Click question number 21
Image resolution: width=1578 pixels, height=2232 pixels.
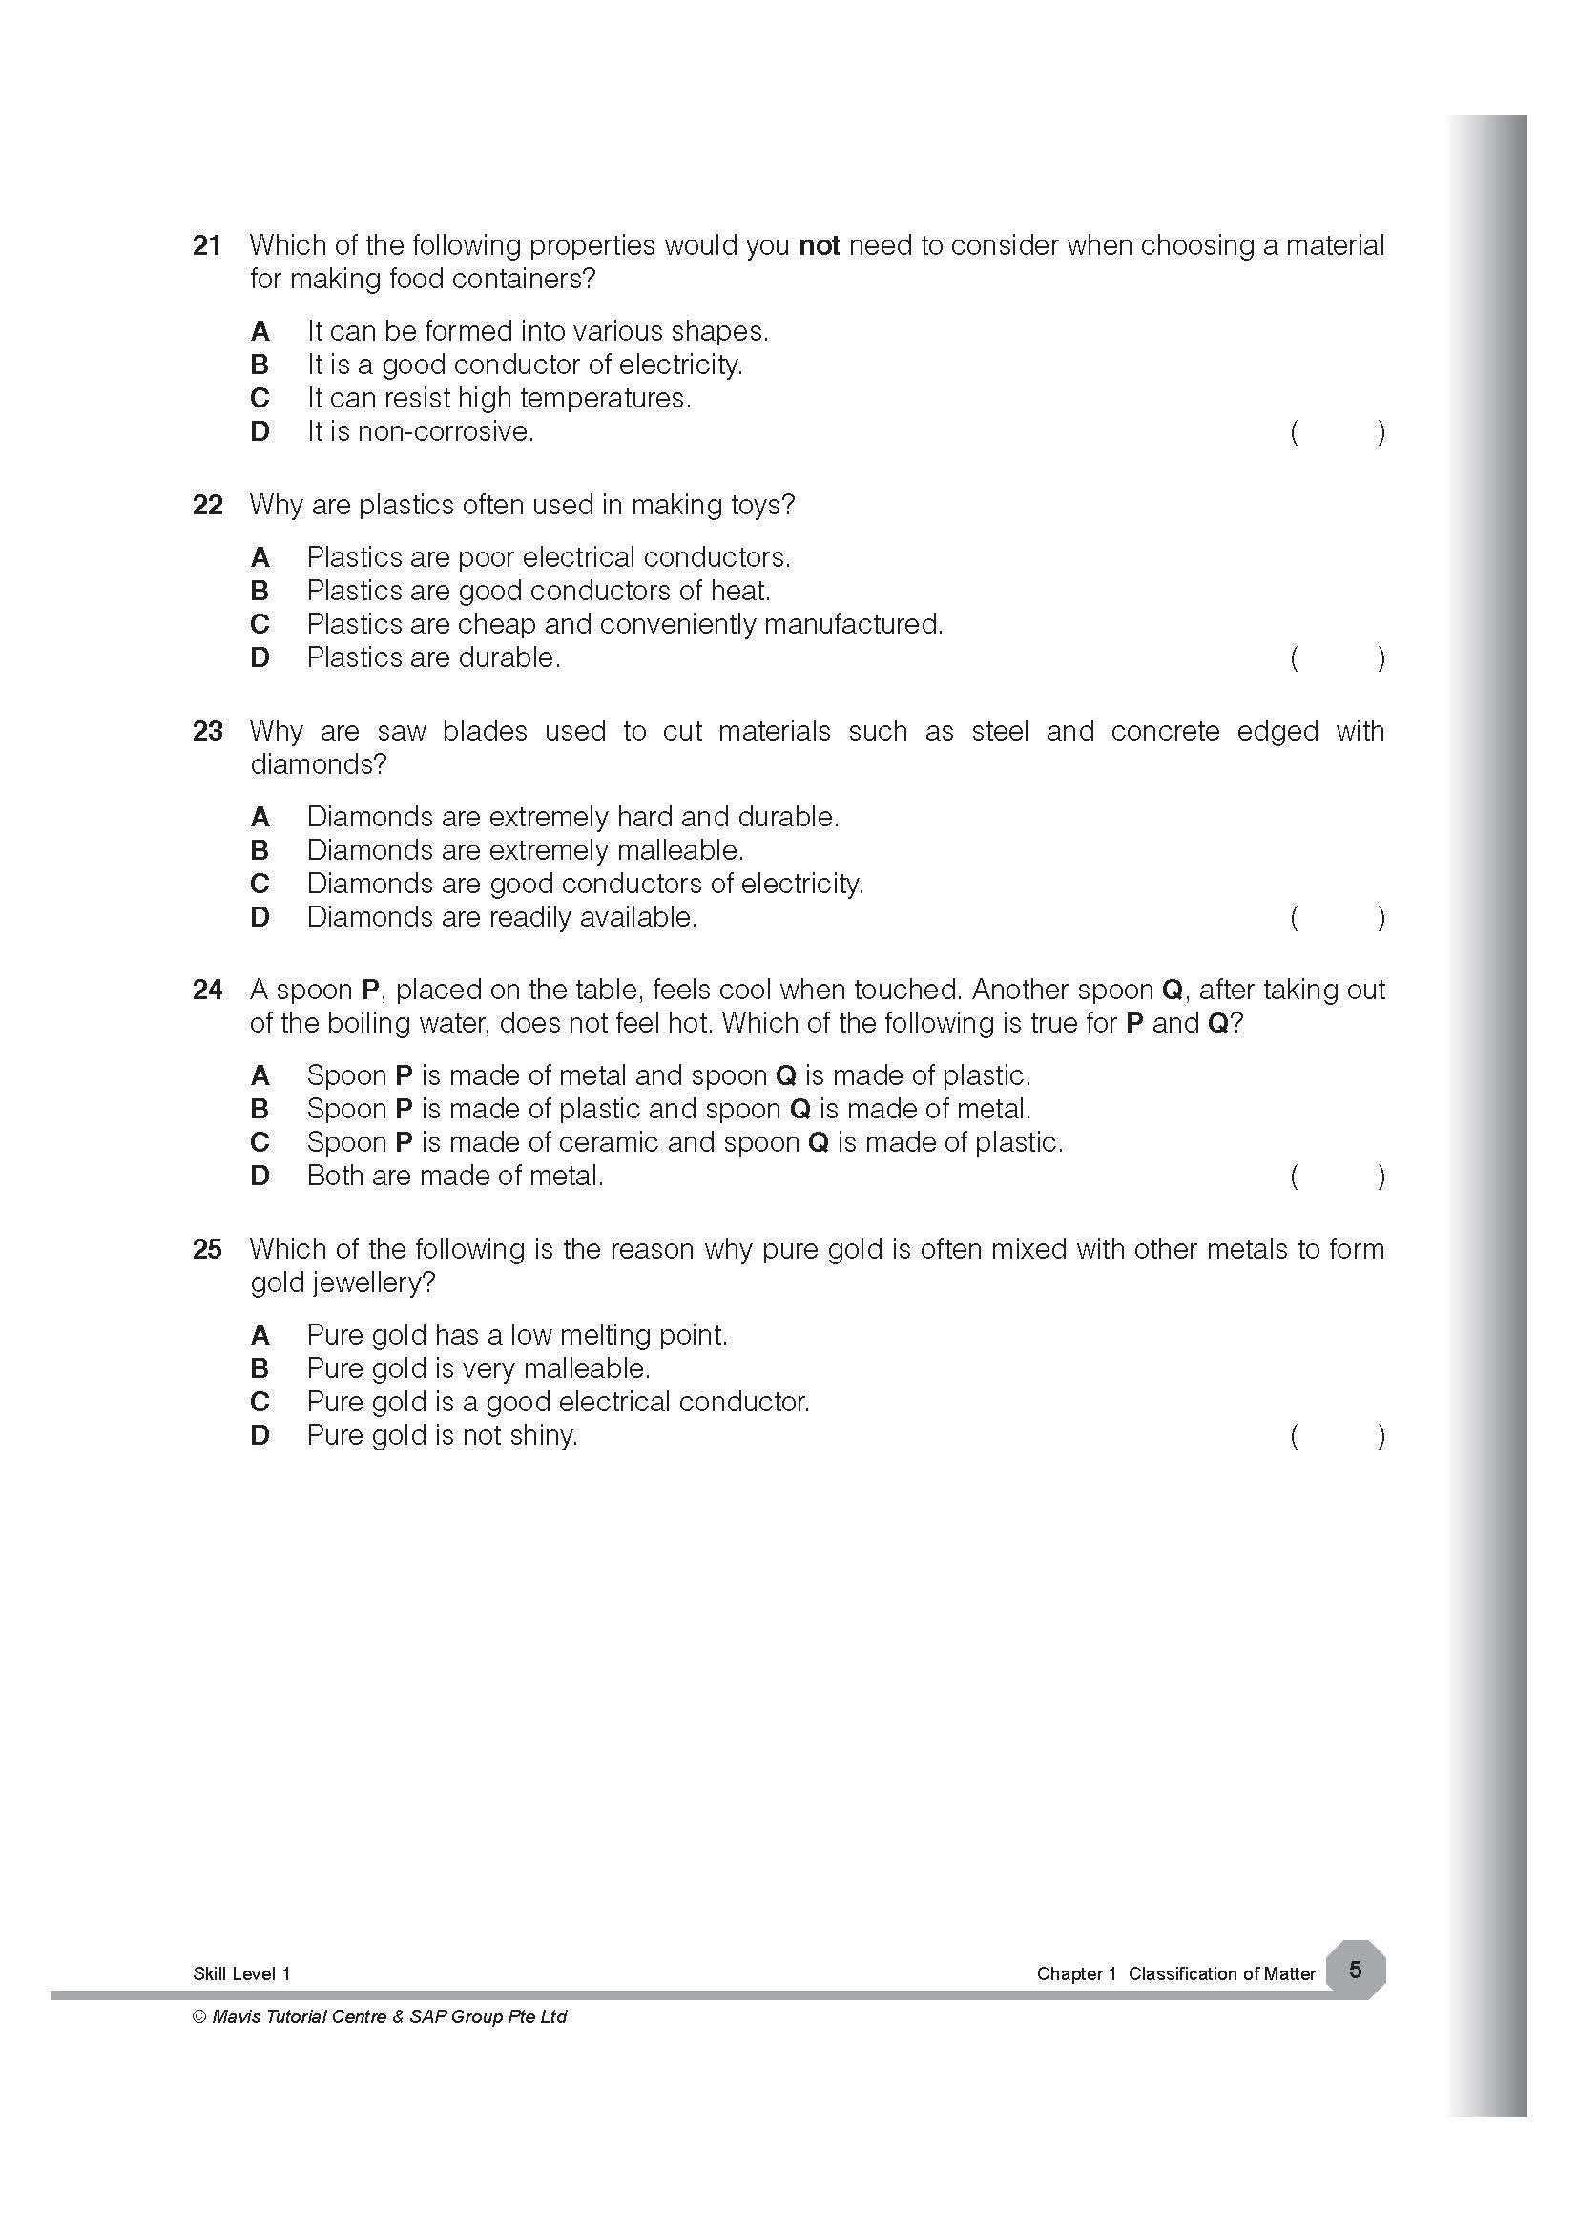tap(207, 245)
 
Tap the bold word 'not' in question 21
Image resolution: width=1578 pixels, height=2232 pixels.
tap(819, 245)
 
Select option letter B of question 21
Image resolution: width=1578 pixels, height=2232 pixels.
tap(260, 365)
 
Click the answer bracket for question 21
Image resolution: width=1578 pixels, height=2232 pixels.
tap(1337, 432)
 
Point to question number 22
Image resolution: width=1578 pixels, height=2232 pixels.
tap(207, 505)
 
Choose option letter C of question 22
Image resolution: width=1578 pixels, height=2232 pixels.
tap(260, 624)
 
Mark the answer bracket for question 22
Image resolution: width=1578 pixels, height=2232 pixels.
tap(1337, 659)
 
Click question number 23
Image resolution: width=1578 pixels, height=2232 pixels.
tap(207, 731)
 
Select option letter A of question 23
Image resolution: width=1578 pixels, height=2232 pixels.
tap(260, 817)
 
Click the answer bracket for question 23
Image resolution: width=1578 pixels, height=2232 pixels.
tap(1337, 918)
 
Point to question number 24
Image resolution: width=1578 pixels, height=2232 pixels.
tap(207, 990)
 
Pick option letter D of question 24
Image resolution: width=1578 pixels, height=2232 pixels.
tap(260, 1177)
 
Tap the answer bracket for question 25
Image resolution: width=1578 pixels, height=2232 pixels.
tap(1337, 1436)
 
